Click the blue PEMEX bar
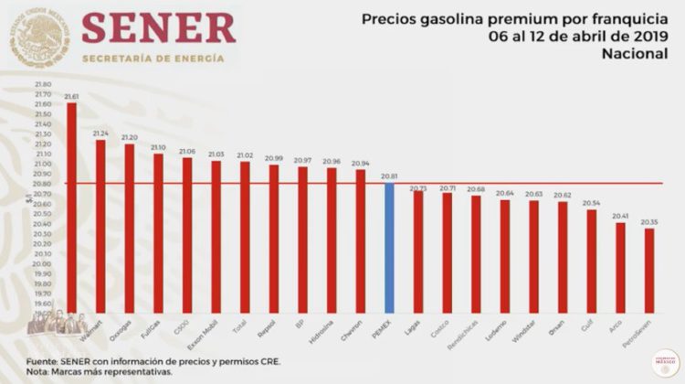389,247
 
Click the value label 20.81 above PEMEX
389,176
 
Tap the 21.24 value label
101,133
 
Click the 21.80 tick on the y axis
42,84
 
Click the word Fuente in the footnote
42,361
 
